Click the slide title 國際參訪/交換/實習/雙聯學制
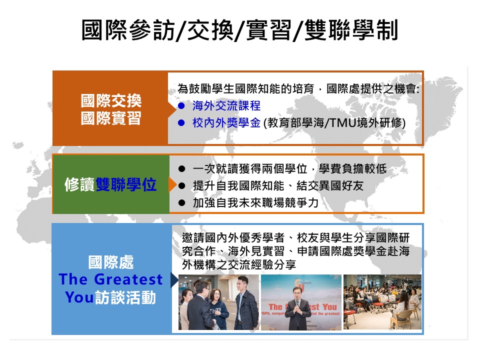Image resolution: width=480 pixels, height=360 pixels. click(x=239, y=30)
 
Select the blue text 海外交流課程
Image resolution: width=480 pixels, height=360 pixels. click(x=226, y=106)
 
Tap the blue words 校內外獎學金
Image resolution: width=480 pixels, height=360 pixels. click(x=226, y=123)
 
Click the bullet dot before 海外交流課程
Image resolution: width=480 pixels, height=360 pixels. click(x=181, y=106)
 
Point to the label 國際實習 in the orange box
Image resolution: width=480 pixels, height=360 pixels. click(x=111, y=118)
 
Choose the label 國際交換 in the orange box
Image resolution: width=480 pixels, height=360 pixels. click(x=111, y=100)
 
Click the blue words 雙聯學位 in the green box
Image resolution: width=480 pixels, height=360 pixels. click(x=126, y=184)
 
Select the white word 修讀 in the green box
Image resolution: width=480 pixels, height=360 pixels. click(x=80, y=184)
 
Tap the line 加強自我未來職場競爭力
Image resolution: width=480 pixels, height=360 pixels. click(x=255, y=202)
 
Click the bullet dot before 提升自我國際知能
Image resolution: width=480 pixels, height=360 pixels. click(x=182, y=186)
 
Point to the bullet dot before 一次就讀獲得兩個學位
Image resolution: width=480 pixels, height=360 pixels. click(x=182, y=168)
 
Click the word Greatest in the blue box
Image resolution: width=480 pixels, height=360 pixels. click(x=128, y=279)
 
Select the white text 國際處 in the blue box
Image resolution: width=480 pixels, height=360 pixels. click(x=111, y=262)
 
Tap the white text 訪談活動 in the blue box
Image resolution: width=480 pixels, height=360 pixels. click(x=125, y=297)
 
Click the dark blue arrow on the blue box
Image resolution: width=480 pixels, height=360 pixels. click(x=174, y=280)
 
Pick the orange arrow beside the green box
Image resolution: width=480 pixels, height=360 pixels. click(x=172, y=184)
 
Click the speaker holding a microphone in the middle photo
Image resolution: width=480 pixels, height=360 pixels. click(x=297, y=308)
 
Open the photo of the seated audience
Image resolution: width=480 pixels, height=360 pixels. click(x=382, y=302)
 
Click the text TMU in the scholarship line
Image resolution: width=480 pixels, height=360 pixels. click(x=342, y=123)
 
